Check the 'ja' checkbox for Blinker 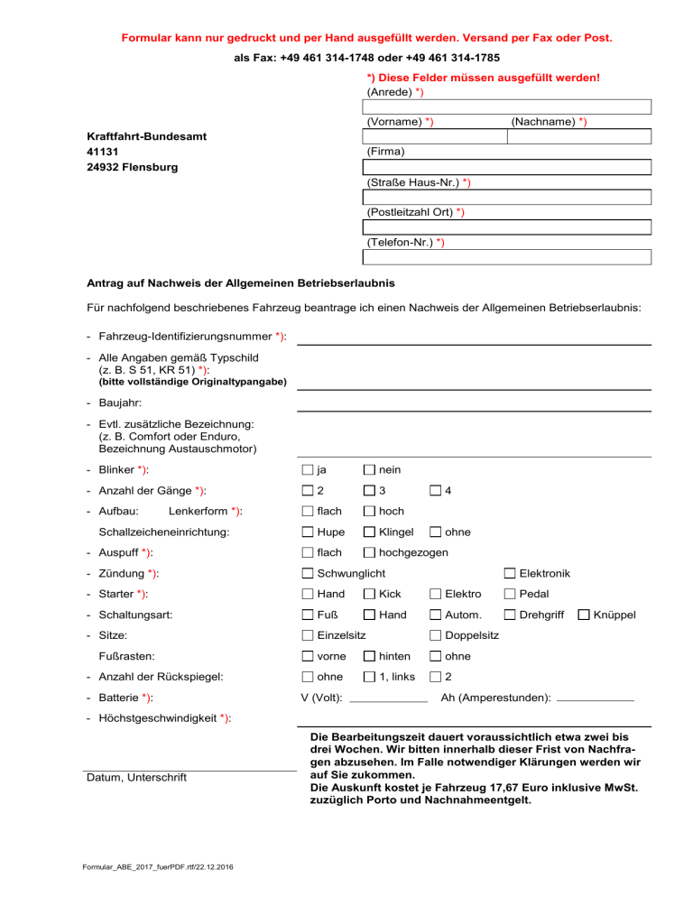pyautogui.click(x=308, y=469)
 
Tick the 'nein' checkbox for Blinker pyautogui.click(x=369, y=469)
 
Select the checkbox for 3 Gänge pyautogui.click(x=369, y=490)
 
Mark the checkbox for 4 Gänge pyautogui.click(x=436, y=490)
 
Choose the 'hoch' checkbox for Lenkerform pyautogui.click(x=369, y=512)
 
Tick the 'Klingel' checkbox pyautogui.click(x=369, y=532)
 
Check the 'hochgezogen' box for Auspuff pyautogui.click(x=369, y=552)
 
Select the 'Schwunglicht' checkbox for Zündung pyautogui.click(x=308, y=574)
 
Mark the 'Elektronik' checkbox pyautogui.click(x=510, y=574)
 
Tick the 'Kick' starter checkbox pyautogui.click(x=369, y=595)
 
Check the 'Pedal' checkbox pyautogui.click(x=510, y=595)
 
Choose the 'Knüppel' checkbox pyautogui.click(x=584, y=615)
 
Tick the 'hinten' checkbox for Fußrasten pyautogui.click(x=369, y=657)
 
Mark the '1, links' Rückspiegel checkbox pyautogui.click(x=369, y=678)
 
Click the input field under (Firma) pyautogui.click(x=506, y=167)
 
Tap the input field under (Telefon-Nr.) pyautogui.click(x=506, y=256)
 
